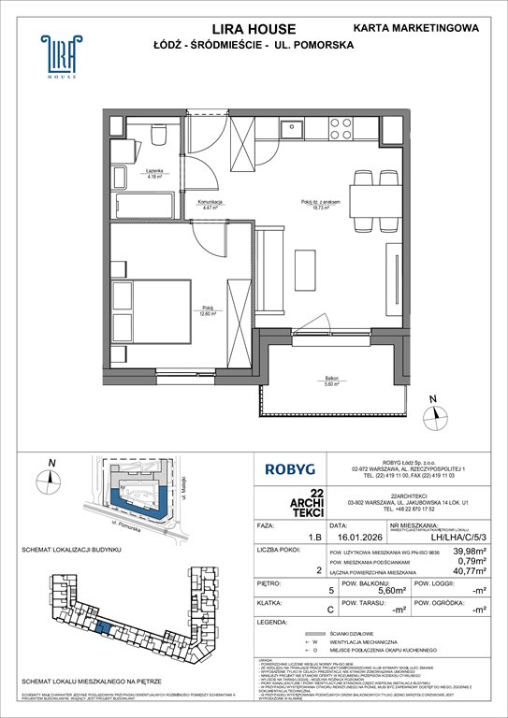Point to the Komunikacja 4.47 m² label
(x=209, y=204)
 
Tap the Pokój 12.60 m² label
(x=206, y=312)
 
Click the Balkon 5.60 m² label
(x=332, y=381)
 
